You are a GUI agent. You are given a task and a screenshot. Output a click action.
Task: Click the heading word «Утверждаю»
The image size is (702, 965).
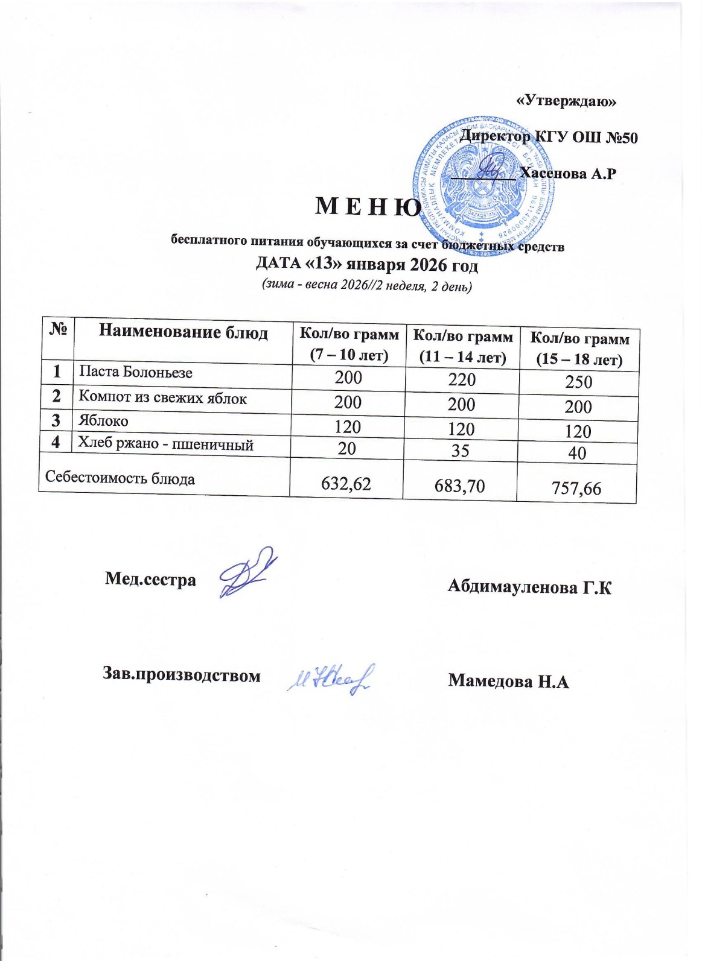[x=567, y=101]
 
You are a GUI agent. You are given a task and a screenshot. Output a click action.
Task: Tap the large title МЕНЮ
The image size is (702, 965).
[x=368, y=207]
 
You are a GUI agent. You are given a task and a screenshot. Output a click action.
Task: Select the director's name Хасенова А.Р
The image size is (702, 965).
[x=567, y=174]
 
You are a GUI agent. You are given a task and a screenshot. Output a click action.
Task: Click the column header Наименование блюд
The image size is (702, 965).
[x=183, y=332]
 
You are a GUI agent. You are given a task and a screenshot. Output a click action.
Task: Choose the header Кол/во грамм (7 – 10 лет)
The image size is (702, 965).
[x=349, y=344]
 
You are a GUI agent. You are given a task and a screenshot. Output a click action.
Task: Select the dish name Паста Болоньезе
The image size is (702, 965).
[x=136, y=372]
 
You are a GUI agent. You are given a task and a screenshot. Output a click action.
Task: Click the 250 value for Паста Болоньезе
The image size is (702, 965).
[x=578, y=382]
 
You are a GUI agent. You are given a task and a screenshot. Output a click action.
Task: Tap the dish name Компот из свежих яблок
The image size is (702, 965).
[x=163, y=398]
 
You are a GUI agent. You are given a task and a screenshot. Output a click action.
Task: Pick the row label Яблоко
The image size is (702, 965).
[x=103, y=421]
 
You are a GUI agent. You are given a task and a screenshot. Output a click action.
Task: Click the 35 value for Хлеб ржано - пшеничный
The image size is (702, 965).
[x=461, y=451]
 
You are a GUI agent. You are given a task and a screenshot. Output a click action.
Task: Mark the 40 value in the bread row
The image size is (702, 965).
[x=577, y=453]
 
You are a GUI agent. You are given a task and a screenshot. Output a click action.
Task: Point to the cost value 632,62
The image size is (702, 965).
[x=346, y=483]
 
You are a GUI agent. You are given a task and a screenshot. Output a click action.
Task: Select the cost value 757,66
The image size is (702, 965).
[x=576, y=488]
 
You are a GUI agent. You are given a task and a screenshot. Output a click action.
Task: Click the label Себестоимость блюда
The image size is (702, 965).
[x=120, y=479]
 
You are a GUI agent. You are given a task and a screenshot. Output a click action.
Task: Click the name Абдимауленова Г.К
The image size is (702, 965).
[x=529, y=587]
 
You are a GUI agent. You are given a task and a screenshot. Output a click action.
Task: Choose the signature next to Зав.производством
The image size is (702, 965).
[x=331, y=680]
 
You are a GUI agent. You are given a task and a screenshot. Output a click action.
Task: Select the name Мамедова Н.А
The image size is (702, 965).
[x=508, y=682]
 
